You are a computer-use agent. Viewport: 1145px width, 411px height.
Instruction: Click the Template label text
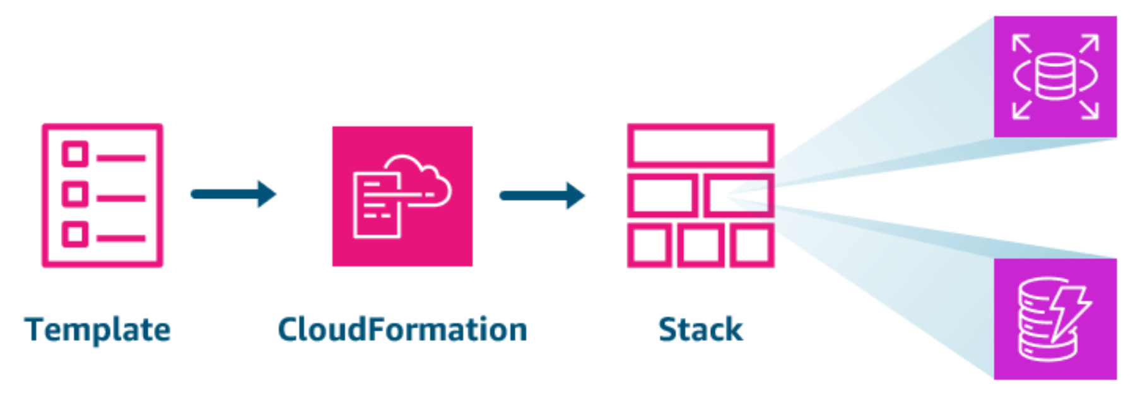pyautogui.click(x=98, y=330)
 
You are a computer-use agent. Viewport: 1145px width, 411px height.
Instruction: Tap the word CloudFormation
pyautogui.click(x=402, y=330)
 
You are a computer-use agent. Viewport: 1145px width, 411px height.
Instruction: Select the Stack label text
pyautogui.click(x=700, y=330)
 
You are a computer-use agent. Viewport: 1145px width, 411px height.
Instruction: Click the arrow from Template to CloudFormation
pyautogui.click(x=233, y=194)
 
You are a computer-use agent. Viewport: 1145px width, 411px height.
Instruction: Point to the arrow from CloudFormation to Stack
pyautogui.click(x=542, y=195)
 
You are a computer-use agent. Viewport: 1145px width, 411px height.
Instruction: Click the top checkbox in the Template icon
pyautogui.click(x=75, y=154)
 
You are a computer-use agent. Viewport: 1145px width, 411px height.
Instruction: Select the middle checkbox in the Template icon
pyautogui.click(x=75, y=194)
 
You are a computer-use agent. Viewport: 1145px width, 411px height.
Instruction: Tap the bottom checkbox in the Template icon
pyautogui.click(x=75, y=234)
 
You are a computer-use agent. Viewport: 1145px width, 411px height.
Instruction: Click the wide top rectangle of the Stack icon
pyautogui.click(x=700, y=145)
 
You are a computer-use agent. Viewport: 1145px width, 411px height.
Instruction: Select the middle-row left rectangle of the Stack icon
pyautogui.click(x=662, y=196)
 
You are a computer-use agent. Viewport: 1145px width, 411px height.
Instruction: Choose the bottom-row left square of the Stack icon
pyautogui.click(x=649, y=245)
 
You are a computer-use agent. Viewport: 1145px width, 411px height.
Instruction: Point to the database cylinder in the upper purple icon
pyautogui.click(x=1055, y=77)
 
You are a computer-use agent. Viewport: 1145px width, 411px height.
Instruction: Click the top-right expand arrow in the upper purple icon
pyautogui.click(x=1089, y=44)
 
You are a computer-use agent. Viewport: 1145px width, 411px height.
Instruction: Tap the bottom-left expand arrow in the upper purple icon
pyautogui.click(x=1022, y=109)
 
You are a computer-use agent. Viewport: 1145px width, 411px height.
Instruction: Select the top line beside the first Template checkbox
pyautogui.click(x=121, y=158)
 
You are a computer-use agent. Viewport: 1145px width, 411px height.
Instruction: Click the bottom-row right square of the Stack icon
pyautogui.click(x=751, y=245)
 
